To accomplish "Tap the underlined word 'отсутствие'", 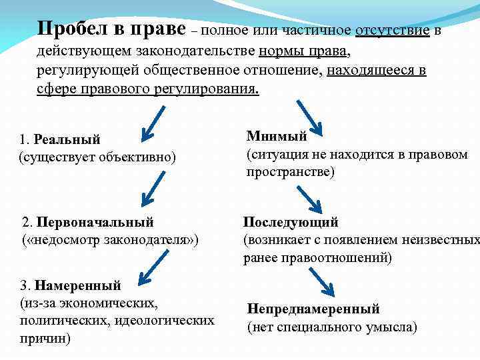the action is pos(393,31).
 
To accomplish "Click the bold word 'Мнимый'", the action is pos(277,137).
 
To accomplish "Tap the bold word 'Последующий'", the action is pos(291,222).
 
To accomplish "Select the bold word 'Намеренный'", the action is pos(78,286).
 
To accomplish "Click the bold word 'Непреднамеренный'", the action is pos(313,309).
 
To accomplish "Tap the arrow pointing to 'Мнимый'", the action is pos(309,115).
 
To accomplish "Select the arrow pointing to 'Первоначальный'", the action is pos(151,188).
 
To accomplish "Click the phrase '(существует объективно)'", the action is pos(97,157).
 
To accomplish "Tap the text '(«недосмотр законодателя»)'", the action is pos(111,239).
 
